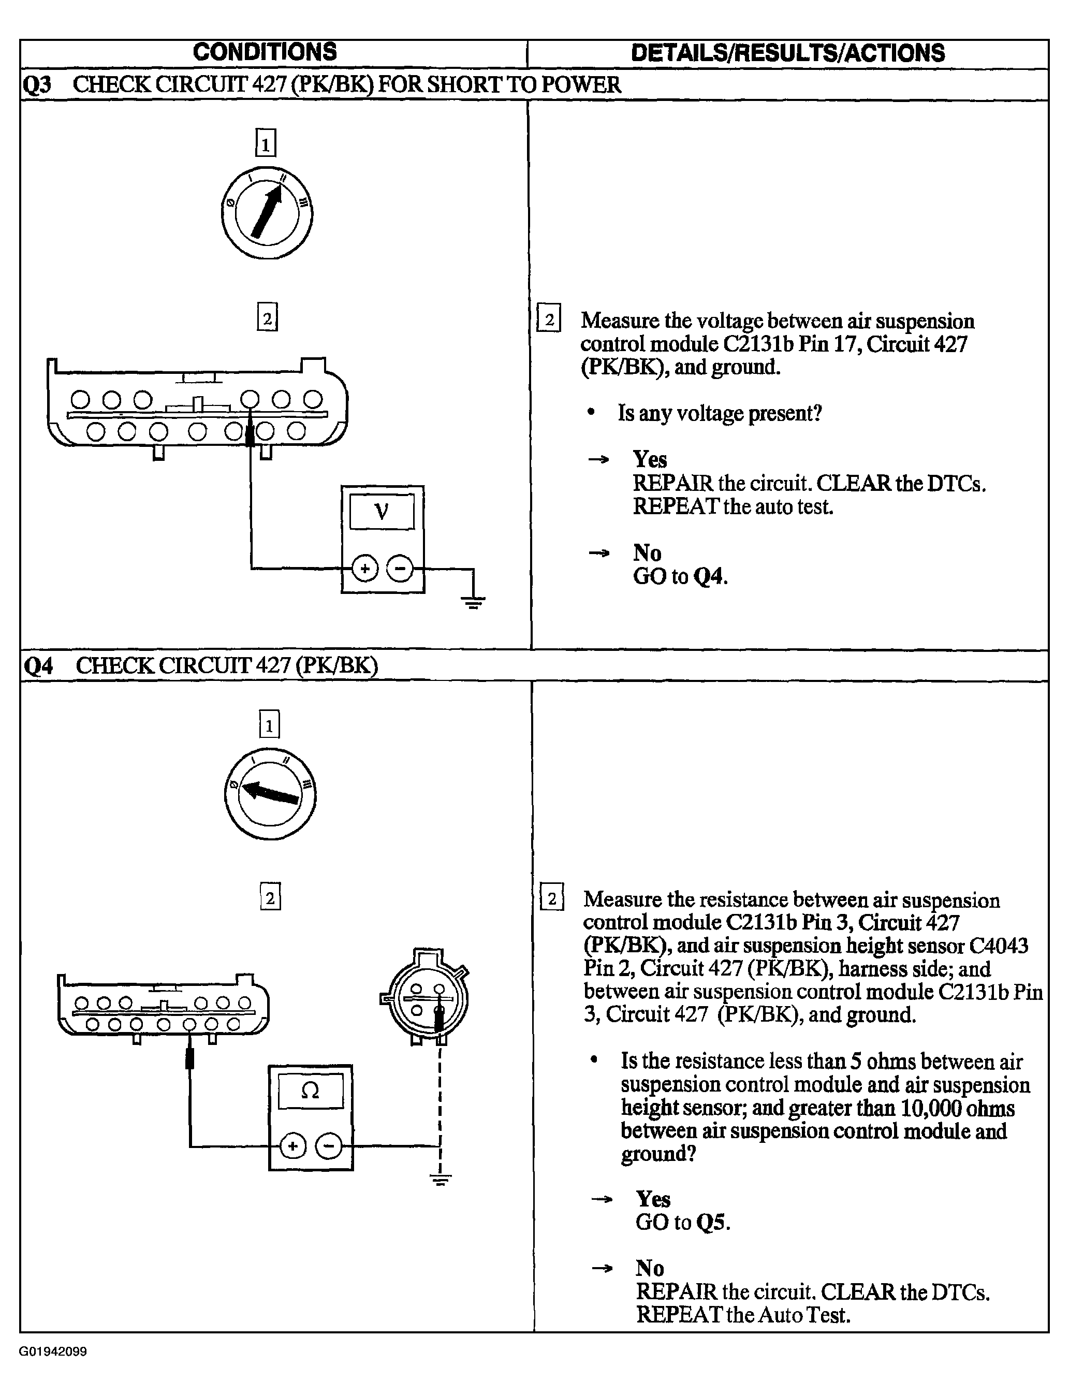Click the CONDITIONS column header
click(265, 52)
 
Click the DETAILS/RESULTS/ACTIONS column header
click(788, 53)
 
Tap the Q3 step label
click(37, 84)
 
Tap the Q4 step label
click(38, 666)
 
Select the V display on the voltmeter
click(382, 511)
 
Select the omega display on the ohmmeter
click(311, 1091)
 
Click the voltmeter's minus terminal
click(400, 569)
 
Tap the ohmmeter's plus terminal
click(292, 1147)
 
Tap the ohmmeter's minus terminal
click(329, 1147)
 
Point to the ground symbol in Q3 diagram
click(472, 601)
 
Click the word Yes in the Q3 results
click(650, 459)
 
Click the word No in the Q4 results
click(650, 1268)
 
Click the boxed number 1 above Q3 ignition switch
click(266, 142)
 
